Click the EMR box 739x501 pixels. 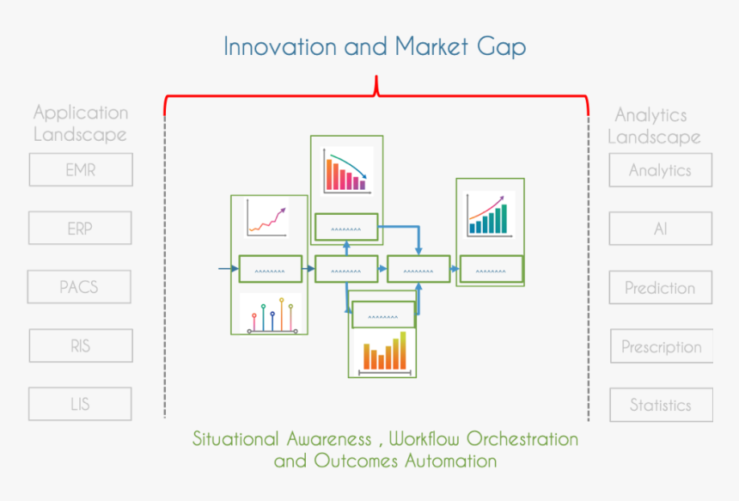(x=81, y=170)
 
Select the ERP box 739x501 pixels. (x=80, y=229)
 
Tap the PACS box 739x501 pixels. (x=79, y=287)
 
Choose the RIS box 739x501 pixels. (x=81, y=345)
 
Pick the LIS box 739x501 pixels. (x=80, y=404)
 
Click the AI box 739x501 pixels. (x=661, y=229)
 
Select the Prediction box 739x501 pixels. (x=661, y=288)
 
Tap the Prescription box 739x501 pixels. (x=662, y=347)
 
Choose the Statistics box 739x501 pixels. (x=661, y=405)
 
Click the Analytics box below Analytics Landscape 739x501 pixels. (x=661, y=170)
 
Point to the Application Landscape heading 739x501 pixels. (x=81, y=124)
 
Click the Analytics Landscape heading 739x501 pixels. (x=654, y=125)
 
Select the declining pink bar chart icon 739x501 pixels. (x=345, y=171)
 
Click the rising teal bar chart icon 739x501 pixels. (x=487, y=214)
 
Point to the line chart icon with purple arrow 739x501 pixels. (x=266, y=217)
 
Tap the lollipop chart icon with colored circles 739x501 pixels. (x=273, y=315)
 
